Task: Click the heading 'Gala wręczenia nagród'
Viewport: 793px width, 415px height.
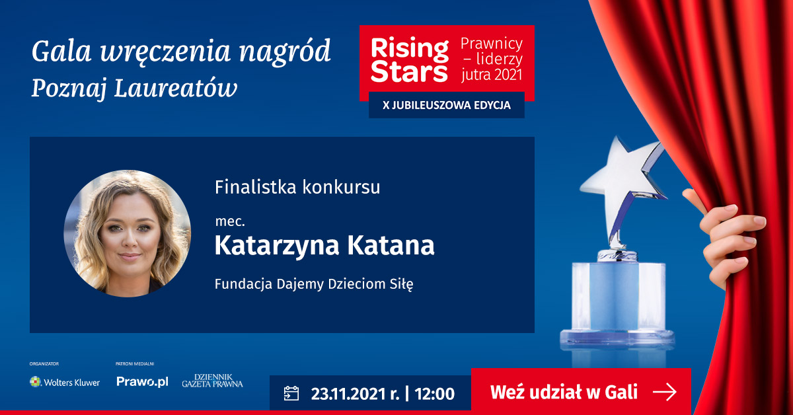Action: (181, 52)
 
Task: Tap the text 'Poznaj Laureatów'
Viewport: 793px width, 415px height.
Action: (134, 88)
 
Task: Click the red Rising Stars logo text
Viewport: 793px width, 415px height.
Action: (410, 61)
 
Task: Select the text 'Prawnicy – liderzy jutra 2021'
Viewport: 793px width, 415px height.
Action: (491, 59)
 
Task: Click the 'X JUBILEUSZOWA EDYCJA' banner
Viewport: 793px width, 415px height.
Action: (447, 106)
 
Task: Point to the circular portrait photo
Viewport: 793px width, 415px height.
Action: (128, 234)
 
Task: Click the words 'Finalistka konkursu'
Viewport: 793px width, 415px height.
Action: (297, 187)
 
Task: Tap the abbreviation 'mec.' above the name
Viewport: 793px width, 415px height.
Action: (230, 221)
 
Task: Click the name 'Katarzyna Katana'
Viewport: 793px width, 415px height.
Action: (324, 246)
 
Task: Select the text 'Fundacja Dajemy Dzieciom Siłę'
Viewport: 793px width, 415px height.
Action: (314, 284)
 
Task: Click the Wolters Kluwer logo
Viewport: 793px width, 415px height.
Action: (65, 382)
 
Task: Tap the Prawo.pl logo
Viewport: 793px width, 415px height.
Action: (142, 382)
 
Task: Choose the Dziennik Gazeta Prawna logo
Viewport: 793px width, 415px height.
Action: (212, 381)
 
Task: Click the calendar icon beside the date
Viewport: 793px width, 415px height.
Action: (291, 394)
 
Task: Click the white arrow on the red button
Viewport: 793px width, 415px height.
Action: (665, 393)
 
